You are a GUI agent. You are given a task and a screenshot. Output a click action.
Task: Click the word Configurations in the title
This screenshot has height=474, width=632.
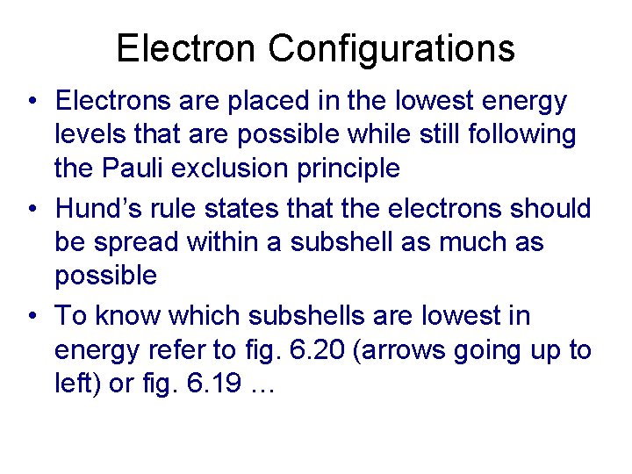391,48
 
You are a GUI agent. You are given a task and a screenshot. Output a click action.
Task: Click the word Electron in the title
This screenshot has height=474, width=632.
188,48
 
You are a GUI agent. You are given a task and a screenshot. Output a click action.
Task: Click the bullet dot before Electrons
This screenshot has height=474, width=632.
32,102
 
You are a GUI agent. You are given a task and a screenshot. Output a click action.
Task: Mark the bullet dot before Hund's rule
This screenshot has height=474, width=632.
32,210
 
